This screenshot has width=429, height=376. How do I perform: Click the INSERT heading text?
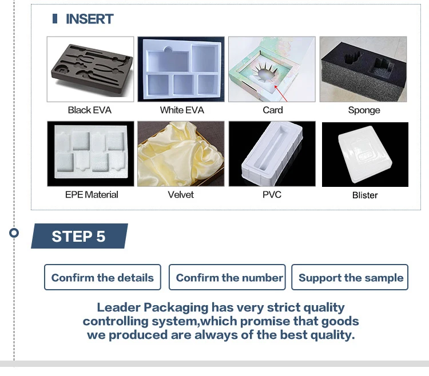click(x=89, y=19)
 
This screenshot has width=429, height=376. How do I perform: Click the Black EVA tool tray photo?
click(x=90, y=69)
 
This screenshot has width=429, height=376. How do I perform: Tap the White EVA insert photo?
click(x=181, y=69)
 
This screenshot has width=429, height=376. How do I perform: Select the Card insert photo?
click(x=272, y=69)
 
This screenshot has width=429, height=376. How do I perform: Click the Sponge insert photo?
click(x=364, y=69)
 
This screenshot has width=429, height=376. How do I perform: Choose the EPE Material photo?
click(x=90, y=154)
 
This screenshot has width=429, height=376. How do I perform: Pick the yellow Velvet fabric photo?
click(x=181, y=154)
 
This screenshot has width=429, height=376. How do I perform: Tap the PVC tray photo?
click(x=272, y=154)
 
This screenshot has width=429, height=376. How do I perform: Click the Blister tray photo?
click(x=365, y=154)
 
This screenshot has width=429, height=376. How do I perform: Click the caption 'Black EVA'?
click(x=90, y=110)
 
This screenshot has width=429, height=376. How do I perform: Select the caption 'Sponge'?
click(x=364, y=110)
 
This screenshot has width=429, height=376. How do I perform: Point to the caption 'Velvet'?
click(x=181, y=195)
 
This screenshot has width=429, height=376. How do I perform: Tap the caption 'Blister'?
click(x=365, y=195)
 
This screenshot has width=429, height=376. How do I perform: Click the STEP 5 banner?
click(x=79, y=237)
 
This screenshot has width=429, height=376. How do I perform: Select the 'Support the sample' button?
click(x=350, y=278)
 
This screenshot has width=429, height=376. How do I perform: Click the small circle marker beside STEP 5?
click(x=14, y=233)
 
